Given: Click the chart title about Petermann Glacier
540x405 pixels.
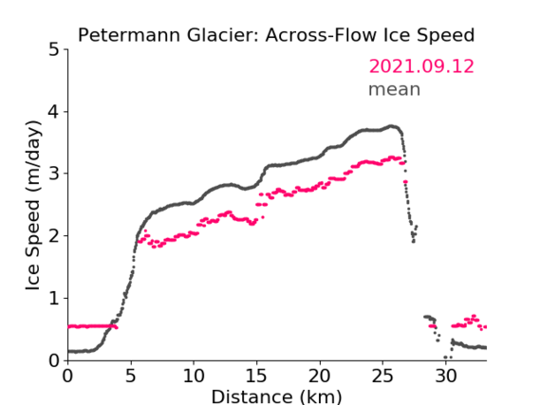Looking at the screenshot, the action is pos(276,35).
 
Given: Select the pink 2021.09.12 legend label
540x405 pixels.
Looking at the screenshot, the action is pos(421,66).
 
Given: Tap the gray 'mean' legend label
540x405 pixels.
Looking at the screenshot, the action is pos(395,89).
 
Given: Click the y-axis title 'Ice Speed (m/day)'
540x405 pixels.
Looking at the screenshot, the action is pos(33,206).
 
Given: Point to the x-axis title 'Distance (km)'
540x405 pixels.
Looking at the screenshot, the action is pos(276,396).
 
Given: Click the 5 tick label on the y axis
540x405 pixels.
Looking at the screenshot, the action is pos(54,50).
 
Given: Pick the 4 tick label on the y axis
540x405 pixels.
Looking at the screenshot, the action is pos(54,112).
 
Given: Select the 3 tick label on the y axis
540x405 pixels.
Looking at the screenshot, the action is pos(54,174).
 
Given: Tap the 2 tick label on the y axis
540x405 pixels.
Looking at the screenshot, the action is pos(54,236).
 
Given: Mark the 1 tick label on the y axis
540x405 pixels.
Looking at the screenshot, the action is pos(54,299).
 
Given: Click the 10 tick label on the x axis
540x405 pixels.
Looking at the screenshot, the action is pos(194,376).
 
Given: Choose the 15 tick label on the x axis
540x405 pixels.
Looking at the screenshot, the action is pos(256,376).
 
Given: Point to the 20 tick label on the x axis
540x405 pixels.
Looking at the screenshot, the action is pos(320,376).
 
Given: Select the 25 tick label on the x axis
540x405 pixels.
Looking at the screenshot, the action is pos(382,376).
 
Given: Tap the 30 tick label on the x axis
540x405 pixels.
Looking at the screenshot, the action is pos(446,376).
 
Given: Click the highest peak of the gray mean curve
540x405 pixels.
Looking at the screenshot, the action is pos(391,126).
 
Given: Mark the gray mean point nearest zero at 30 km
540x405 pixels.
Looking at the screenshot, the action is pos(445,358).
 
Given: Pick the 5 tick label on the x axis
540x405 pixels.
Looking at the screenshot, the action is pos(131,376).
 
